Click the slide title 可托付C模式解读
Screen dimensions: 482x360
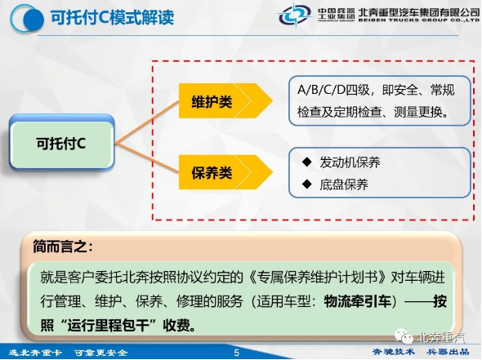click(x=112, y=17)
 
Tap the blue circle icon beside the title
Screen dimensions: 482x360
click(x=26, y=19)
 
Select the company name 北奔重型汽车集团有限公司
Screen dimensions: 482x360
click(x=418, y=12)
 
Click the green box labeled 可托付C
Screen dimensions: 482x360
click(x=61, y=143)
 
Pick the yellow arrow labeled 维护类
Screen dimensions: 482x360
click(x=225, y=100)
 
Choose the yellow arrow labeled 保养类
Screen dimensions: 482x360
click(x=225, y=172)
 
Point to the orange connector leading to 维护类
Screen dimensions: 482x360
click(x=147, y=122)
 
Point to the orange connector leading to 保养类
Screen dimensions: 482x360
click(x=147, y=158)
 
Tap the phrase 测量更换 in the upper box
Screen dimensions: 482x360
click(x=418, y=112)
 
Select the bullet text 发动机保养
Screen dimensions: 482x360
click(x=350, y=162)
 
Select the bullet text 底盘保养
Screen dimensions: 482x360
click(x=344, y=184)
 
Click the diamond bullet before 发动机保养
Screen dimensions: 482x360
click(x=307, y=162)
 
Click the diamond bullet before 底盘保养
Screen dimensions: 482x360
click(x=307, y=184)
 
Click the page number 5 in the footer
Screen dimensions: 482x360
click(x=236, y=353)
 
